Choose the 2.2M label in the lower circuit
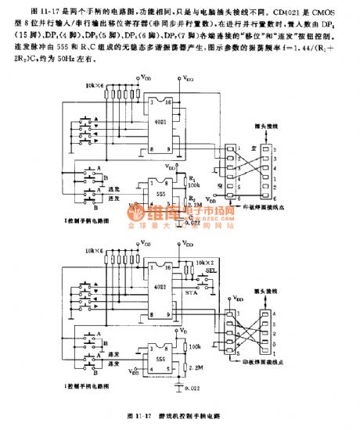197,366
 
